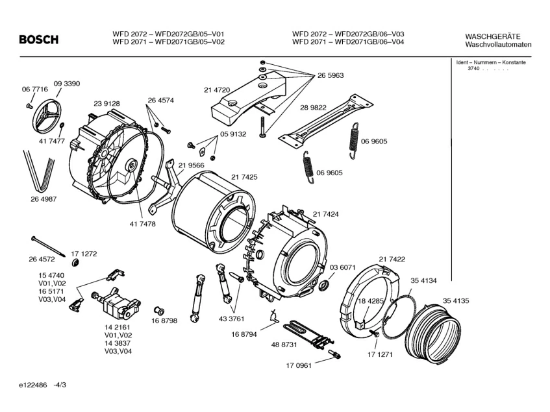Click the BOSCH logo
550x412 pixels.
pyautogui.click(x=38, y=39)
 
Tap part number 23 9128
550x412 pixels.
pyautogui.click(x=106, y=104)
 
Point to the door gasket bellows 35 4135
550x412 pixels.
pyautogui.click(x=433, y=331)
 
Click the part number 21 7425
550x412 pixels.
pyautogui.click(x=244, y=177)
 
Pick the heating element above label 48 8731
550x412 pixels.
pyautogui.click(x=308, y=335)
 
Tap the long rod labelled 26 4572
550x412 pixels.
pyautogui.click(x=49, y=247)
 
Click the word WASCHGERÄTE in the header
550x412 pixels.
pyautogui.click(x=493, y=36)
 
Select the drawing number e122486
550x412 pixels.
pyautogui.click(x=33, y=385)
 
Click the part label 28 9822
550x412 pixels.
pyautogui.click(x=313, y=108)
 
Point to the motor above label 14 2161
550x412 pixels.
pyautogui.click(x=116, y=302)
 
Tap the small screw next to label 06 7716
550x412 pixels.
pyautogui.click(x=29, y=105)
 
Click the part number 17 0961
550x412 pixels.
pyautogui.click(x=299, y=366)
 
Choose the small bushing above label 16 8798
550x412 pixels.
pyautogui.click(x=159, y=310)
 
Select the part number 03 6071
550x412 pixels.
pyautogui.click(x=342, y=268)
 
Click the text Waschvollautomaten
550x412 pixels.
pyautogui.click(x=498, y=45)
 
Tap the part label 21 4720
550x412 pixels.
pyautogui.click(x=217, y=90)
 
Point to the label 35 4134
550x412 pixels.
pyautogui.click(x=423, y=281)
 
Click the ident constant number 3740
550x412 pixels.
pyautogui.click(x=473, y=68)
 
